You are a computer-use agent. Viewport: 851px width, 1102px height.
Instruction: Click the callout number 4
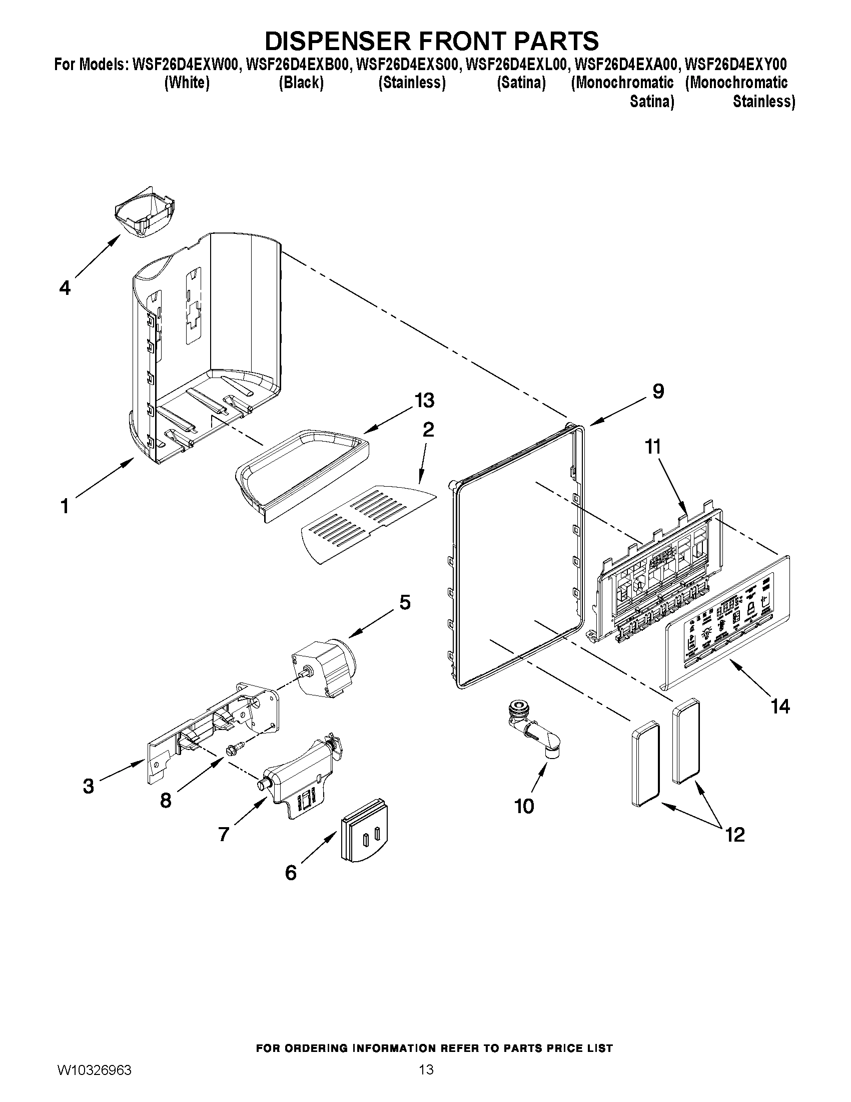click(x=65, y=288)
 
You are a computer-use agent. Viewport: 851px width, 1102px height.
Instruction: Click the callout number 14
click(x=780, y=706)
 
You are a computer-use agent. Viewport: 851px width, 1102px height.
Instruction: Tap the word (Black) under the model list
click(x=301, y=83)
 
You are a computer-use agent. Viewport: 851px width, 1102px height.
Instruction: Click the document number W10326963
click(x=94, y=1082)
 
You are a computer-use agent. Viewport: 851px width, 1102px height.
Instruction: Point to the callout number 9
click(x=658, y=391)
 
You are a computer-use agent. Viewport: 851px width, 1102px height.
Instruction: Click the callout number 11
click(x=653, y=447)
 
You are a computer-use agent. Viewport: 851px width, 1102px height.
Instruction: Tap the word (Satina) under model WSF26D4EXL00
click(x=521, y=83)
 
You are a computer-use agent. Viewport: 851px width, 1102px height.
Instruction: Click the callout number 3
click(x=88, y=786)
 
